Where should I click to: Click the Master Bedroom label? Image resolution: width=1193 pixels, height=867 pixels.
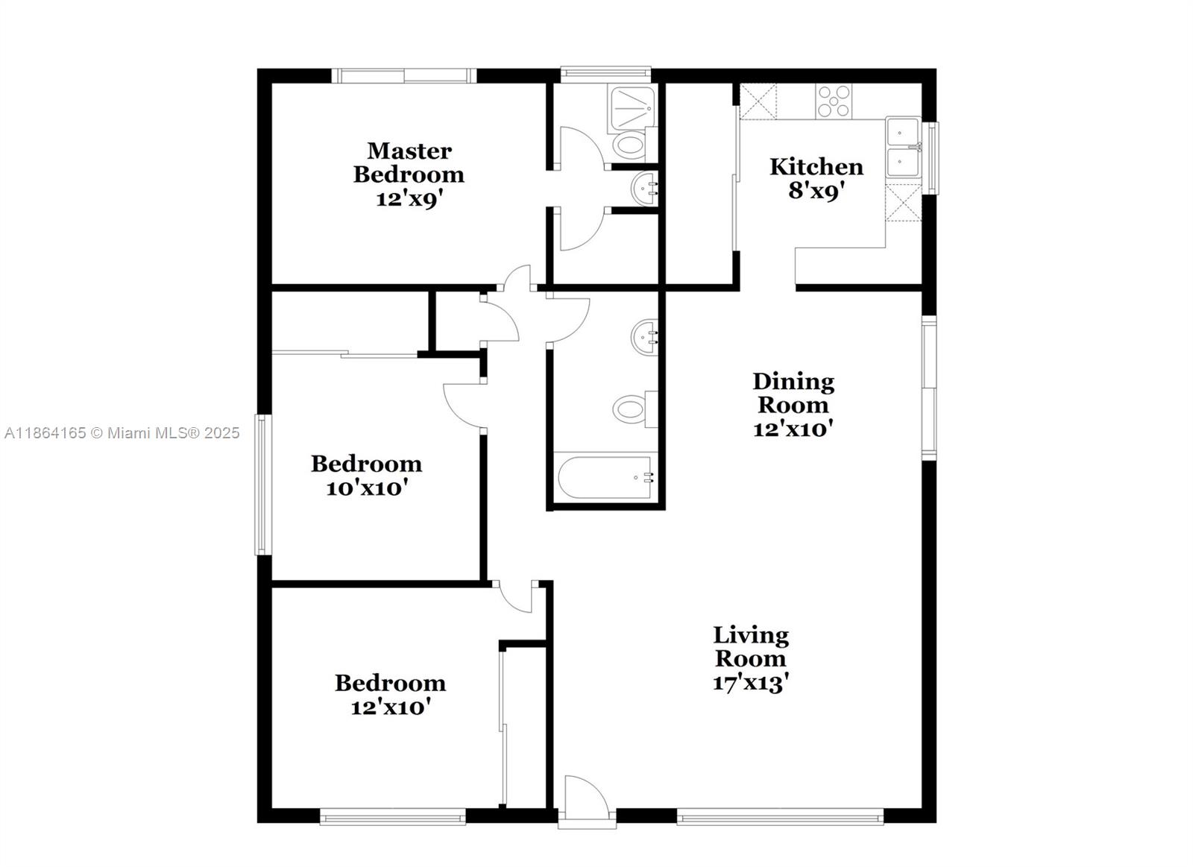click(409, 163)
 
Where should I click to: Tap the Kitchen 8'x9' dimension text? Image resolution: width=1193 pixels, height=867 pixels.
click(816, 191)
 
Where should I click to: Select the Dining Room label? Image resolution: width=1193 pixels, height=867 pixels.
click(793, 393)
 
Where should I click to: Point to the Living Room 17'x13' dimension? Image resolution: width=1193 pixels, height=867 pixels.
click(750, 683)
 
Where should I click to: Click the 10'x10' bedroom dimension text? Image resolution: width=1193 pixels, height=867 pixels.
click(366, 488)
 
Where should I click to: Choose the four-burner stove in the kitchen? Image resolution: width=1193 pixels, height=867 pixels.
click(834, 101)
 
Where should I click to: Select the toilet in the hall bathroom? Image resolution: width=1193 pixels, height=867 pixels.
click(635, 409)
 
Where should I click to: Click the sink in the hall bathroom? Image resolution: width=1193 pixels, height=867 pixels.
click(644, 336)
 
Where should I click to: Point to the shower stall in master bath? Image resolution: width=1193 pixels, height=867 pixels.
click(631, 109)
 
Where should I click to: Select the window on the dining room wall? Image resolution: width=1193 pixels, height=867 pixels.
click(929, 388)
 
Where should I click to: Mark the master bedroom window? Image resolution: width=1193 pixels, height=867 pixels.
click(404, 75)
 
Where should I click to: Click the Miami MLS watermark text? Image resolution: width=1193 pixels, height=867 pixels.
click(122, 433)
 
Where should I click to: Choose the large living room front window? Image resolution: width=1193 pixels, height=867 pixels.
click(780, 816)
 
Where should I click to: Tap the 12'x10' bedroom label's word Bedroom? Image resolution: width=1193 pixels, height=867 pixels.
click(391, 684)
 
